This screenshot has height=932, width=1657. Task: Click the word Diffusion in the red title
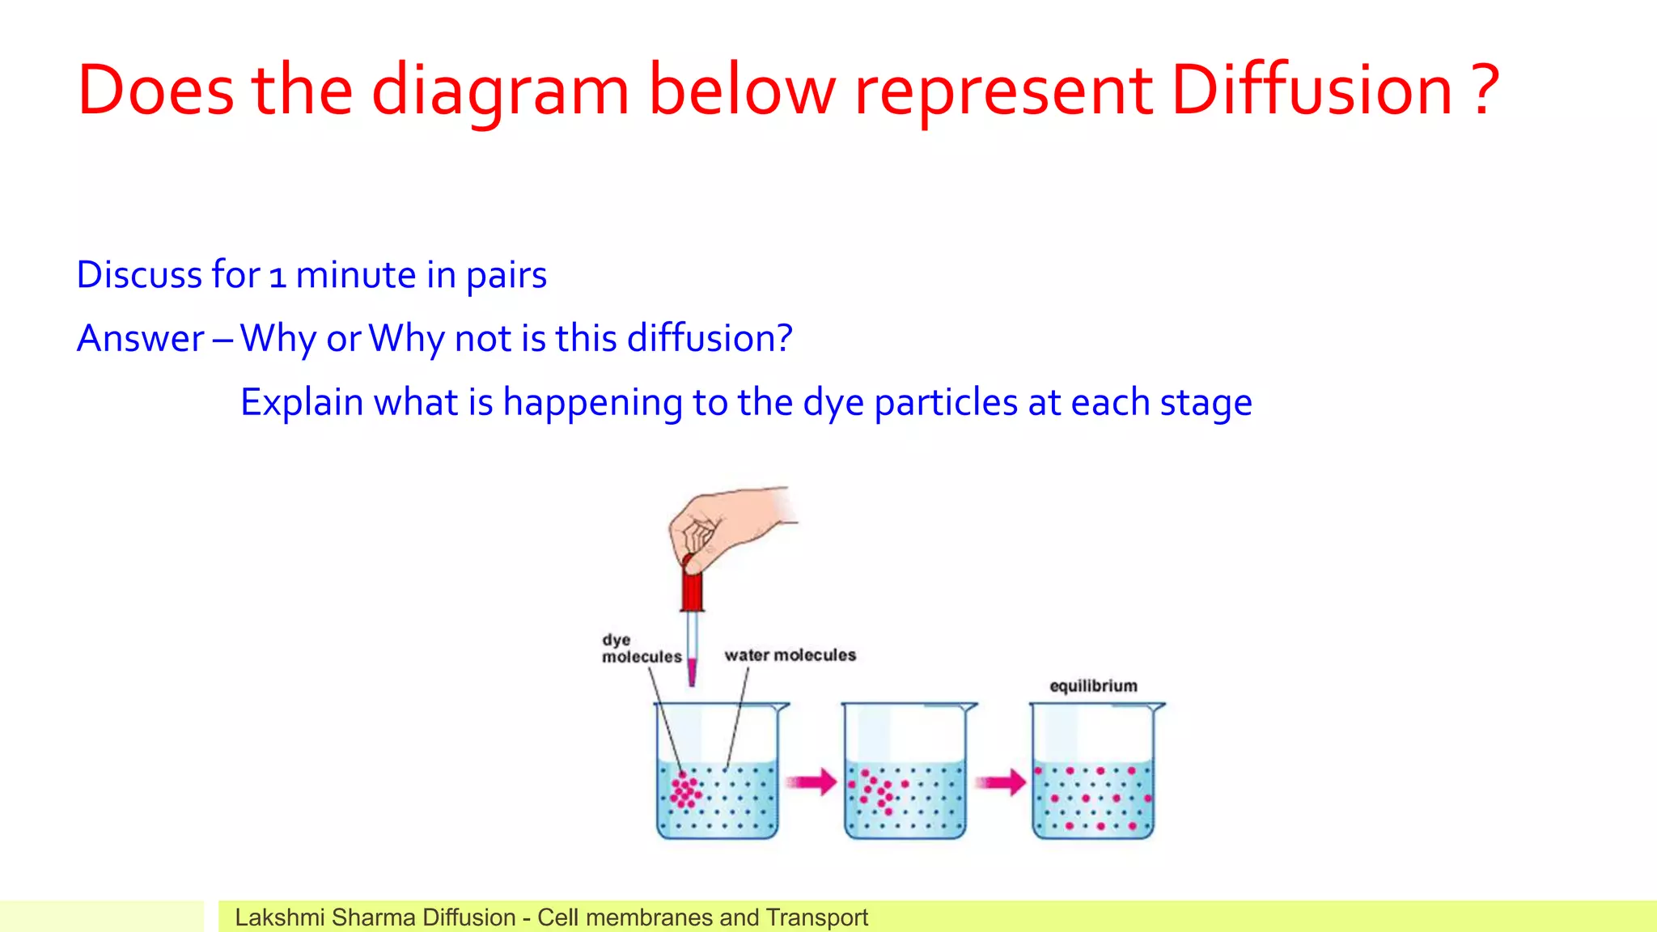1312,91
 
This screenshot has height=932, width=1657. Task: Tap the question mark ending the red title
1485,91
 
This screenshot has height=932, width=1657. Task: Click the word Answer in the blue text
140,339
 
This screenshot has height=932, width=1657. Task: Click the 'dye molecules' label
640,649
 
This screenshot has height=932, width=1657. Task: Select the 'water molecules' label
790,655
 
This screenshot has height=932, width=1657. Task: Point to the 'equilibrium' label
1093,686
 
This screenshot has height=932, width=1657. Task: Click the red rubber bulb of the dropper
692,587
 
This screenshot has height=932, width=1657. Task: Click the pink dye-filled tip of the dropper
692,671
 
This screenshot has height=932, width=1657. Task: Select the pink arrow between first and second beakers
812,782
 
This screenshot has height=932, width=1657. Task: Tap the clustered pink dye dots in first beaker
685,790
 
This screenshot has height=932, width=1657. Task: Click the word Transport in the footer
816,917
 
